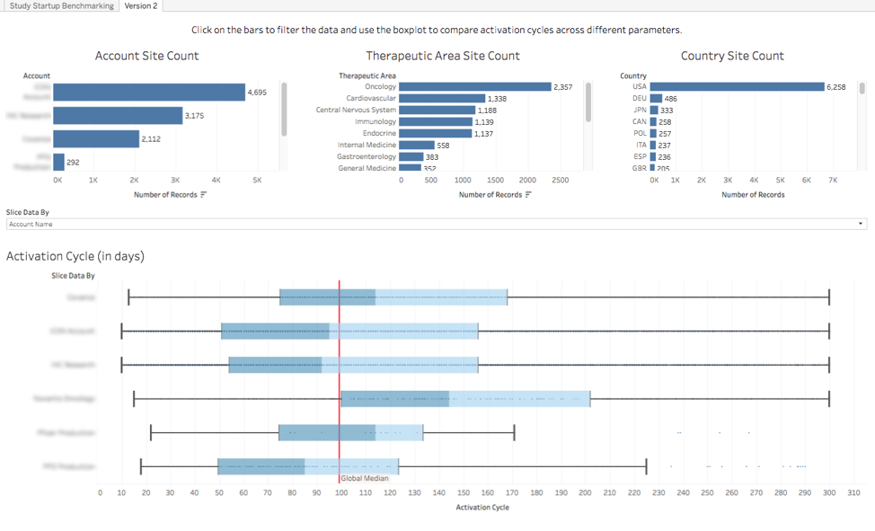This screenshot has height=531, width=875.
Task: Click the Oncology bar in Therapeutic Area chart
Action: point(475,87)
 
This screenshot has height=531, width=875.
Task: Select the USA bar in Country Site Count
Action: point(737,87)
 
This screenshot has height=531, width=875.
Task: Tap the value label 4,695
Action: point(257,93)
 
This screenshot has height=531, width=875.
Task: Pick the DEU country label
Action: point(639,99)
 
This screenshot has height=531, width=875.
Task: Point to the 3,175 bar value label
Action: point(195,116)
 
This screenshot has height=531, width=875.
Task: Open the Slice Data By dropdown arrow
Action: point(862,224)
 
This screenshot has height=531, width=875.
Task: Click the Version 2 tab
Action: point(140,6)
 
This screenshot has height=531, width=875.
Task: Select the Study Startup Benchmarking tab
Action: point(62,6)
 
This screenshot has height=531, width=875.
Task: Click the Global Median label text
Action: point(365,479)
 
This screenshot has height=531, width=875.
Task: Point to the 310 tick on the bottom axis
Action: point(853,492)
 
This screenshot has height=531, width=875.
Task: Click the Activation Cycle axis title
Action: point(482,508)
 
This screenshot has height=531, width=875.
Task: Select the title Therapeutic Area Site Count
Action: point(443,56)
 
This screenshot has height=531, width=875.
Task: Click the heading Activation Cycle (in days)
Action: point(75,256)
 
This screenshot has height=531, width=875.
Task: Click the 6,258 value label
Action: point(836,87)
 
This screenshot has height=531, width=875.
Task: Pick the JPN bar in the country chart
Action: point(654,111)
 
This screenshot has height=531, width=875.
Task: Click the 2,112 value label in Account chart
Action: point(151,139)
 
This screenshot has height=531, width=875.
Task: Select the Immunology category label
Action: point(375,122)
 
